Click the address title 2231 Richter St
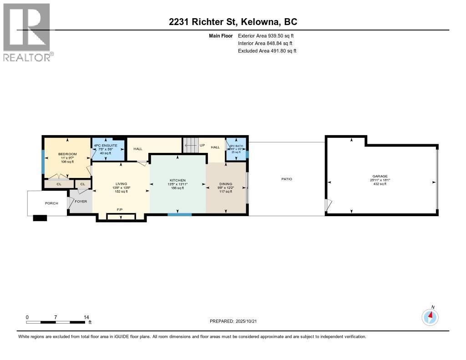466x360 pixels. [233, 22]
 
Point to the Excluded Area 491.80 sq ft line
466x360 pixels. [267, 51]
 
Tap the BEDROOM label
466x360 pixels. [67, 154]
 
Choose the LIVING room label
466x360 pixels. [121, 184]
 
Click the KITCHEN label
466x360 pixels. [178, 181]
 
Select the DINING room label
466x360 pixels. [226, 184]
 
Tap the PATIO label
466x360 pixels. [287, 179]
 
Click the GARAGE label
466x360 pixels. [380, 176]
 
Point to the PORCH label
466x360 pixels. [51, 203]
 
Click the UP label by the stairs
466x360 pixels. [203, 146]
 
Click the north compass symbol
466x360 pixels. [430, 316]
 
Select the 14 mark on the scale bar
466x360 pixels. [86, 317]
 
